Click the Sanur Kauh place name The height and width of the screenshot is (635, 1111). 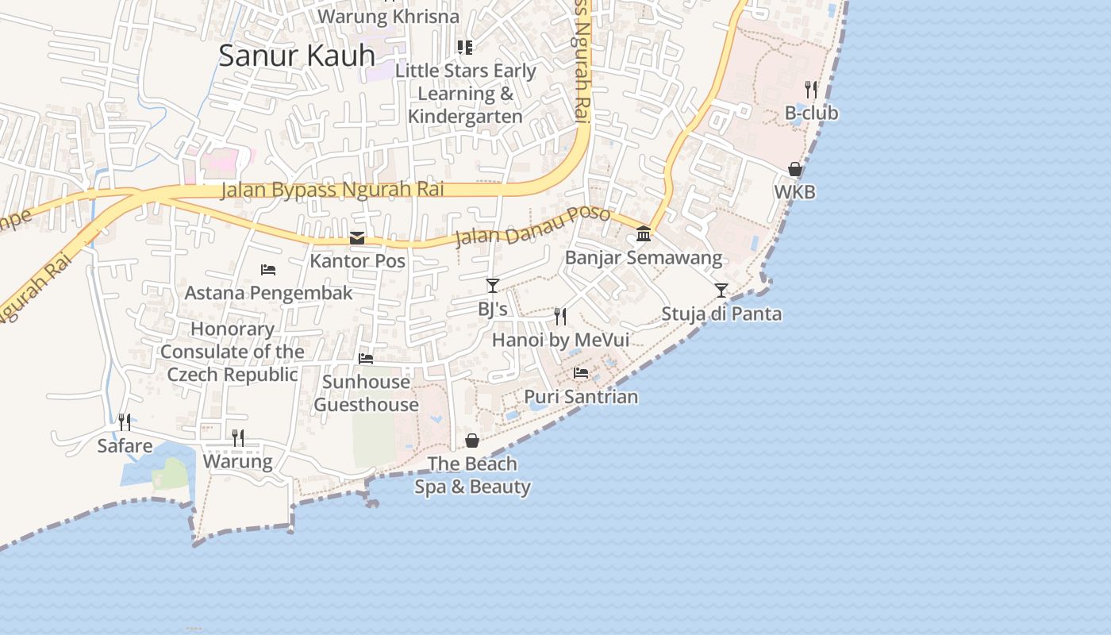pos(296,56)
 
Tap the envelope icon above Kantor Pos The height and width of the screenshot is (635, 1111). pos(357,238)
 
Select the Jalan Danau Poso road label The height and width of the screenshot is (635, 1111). pos(532,226)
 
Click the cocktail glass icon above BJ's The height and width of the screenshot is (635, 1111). pos(493,286)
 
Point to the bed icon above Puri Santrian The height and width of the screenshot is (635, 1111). pos(581,372)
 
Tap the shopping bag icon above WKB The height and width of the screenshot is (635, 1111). pos(794,169)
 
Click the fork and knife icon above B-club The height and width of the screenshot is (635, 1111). pos(810,89)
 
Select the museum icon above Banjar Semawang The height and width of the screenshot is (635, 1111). pos(644,234)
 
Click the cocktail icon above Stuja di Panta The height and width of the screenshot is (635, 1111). pos(721,291)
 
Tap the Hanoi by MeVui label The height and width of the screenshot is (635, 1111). pos(560,340)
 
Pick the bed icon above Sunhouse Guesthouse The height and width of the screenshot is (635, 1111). pos(366,359)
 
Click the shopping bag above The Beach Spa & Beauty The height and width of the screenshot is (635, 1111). pos(472,441)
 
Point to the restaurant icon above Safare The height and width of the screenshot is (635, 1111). pos(125,421)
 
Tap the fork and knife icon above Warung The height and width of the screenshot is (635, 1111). pos(237,437)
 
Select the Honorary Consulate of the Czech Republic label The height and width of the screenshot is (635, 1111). pos(232,352)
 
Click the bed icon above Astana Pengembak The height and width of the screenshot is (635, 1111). pos(268,270)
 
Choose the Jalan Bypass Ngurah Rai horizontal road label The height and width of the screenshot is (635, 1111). pos(332,190)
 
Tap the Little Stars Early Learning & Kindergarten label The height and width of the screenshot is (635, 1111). pos(466,94)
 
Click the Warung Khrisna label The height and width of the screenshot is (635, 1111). pos(388,16)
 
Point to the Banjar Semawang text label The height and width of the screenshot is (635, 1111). pos(644,258)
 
